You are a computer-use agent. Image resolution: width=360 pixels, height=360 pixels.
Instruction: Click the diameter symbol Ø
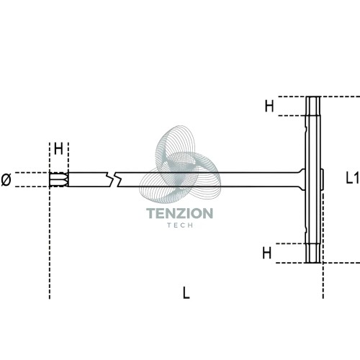[6, 180]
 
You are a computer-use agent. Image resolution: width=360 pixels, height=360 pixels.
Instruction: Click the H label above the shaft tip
[58, 149]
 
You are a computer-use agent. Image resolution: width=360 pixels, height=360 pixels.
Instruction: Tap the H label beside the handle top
[269, 106]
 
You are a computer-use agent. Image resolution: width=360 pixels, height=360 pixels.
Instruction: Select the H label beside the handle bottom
[267, 253]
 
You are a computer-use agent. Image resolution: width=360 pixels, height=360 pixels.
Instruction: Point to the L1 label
[352, 178]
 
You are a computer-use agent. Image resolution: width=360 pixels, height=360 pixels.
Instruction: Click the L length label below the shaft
[186, 292]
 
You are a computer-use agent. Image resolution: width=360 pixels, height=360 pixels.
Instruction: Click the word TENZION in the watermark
[179, 213]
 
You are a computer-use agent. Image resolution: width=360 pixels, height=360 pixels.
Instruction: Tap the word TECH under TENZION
[180, 225]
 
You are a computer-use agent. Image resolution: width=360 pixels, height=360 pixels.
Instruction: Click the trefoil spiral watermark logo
[180, 164]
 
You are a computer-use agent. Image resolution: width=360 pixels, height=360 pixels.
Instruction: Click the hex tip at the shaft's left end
[59, 179]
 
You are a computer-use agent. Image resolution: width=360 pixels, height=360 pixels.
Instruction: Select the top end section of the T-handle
[313, 106]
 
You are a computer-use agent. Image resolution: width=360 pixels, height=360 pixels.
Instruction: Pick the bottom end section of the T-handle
[313, 253]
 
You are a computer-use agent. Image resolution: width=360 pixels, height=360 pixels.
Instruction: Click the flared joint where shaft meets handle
[302, 179]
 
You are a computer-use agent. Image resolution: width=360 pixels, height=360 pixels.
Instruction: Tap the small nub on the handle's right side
[322, 179]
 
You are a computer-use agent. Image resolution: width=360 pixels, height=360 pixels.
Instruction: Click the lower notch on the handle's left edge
[305, 229]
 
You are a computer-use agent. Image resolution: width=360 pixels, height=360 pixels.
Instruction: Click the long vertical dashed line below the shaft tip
[50, 243]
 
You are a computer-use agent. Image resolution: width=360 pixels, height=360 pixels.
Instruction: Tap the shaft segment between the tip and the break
[88, 179]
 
